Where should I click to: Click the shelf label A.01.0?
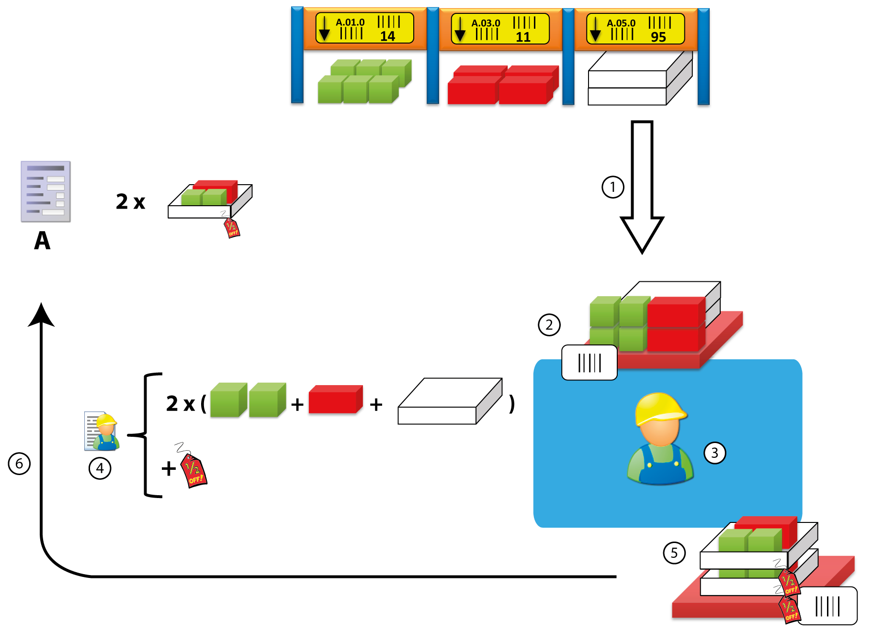(x=350, y=22)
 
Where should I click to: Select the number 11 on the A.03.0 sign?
(x=523, y=37)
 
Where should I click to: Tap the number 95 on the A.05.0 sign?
(x=658, y=37)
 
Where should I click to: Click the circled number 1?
(x=612, y=187)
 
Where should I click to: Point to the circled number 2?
(x=549, y=325)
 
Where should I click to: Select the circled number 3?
(x=714, y=453)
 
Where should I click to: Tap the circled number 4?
(x=100, y=468)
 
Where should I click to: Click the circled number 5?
(x=674, y=553)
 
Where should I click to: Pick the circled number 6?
(x=19, y=464)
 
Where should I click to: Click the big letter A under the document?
(x=42, y=241)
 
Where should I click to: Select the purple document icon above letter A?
(x=45, y=191)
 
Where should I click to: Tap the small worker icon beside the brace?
(x=102, y=432)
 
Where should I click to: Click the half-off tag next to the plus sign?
(x=193, y=471)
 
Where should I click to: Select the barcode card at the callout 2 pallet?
(x=589, y=363)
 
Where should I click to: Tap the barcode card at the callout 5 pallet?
(x=827, y=606)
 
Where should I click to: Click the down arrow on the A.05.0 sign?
(x=595, y=30)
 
